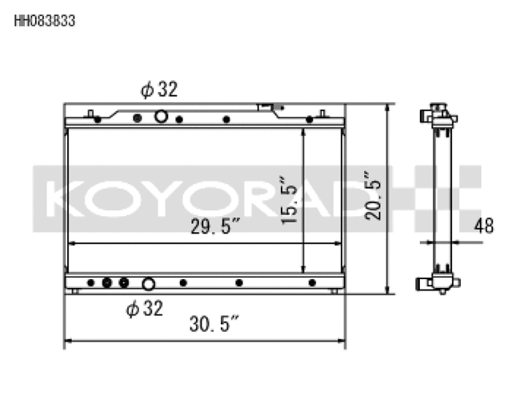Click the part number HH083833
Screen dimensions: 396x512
point(45,22)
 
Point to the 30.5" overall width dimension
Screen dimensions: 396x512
point(215,325)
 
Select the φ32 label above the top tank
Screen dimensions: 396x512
point(159,90)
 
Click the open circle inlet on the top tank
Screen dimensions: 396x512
point(161,117)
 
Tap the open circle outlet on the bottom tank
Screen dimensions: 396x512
point(148,283)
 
